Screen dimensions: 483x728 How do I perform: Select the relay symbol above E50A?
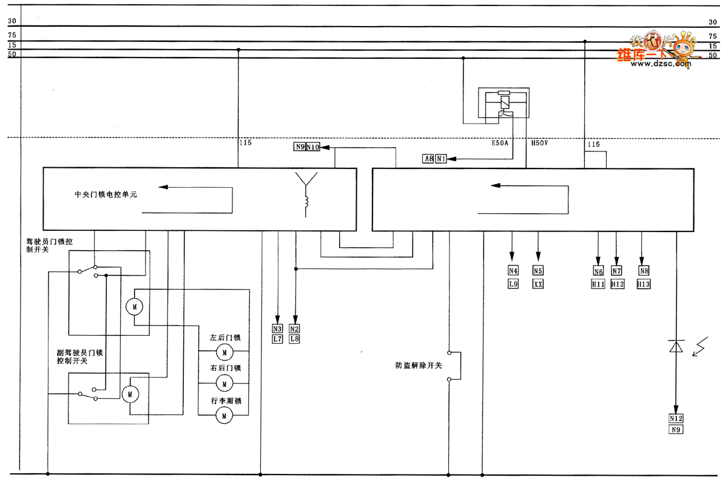pos(503,105)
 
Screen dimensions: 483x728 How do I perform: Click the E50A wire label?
pos(501,144)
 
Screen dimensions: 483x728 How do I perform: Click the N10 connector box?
pos(312,147)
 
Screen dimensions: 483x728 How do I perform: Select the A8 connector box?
pos(428,159)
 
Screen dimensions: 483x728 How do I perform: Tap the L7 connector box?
pos(277,339)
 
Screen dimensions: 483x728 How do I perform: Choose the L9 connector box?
pos(513,284)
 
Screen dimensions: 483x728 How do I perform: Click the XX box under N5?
pos(538,284)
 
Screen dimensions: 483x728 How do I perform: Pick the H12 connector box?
pos(617,284)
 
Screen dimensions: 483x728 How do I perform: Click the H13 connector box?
pos(644,284)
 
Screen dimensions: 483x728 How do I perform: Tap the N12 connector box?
pos(676,418)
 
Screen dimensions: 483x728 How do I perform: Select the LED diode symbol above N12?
pos(676,347)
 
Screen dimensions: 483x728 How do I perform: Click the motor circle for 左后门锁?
pos(224,351)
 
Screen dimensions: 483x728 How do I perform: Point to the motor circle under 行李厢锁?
pos(224,415)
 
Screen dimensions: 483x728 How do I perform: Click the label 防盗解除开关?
pos(419,366)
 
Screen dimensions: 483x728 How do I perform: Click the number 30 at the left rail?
pos(12,22)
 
